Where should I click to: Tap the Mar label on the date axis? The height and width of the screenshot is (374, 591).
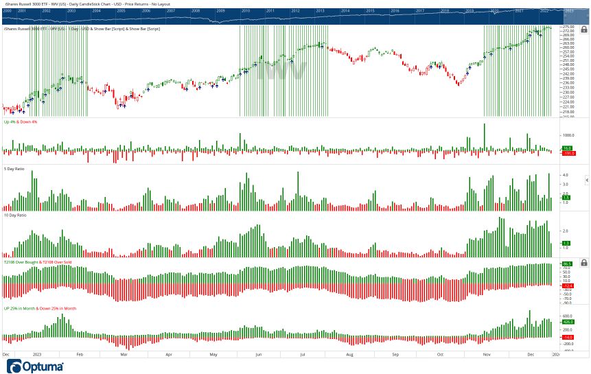click(124, 355)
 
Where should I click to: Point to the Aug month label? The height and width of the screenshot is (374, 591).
click(350, 355)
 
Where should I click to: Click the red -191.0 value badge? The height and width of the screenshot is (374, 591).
click(568, 153)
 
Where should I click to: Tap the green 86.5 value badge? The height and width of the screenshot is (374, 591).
click(567, 264)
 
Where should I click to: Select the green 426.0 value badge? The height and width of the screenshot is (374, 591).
click(568, 321)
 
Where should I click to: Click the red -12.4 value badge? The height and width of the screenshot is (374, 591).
click(568, 285)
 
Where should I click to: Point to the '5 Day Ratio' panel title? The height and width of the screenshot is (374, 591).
click(16, 169)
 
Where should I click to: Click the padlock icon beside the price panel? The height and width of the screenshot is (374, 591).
click(583, 30)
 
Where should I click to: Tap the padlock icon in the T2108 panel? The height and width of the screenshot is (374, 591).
click(583, 262)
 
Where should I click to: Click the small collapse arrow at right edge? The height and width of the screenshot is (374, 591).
click(587, 180)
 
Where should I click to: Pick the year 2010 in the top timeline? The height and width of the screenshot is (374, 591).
click(245, 11)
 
